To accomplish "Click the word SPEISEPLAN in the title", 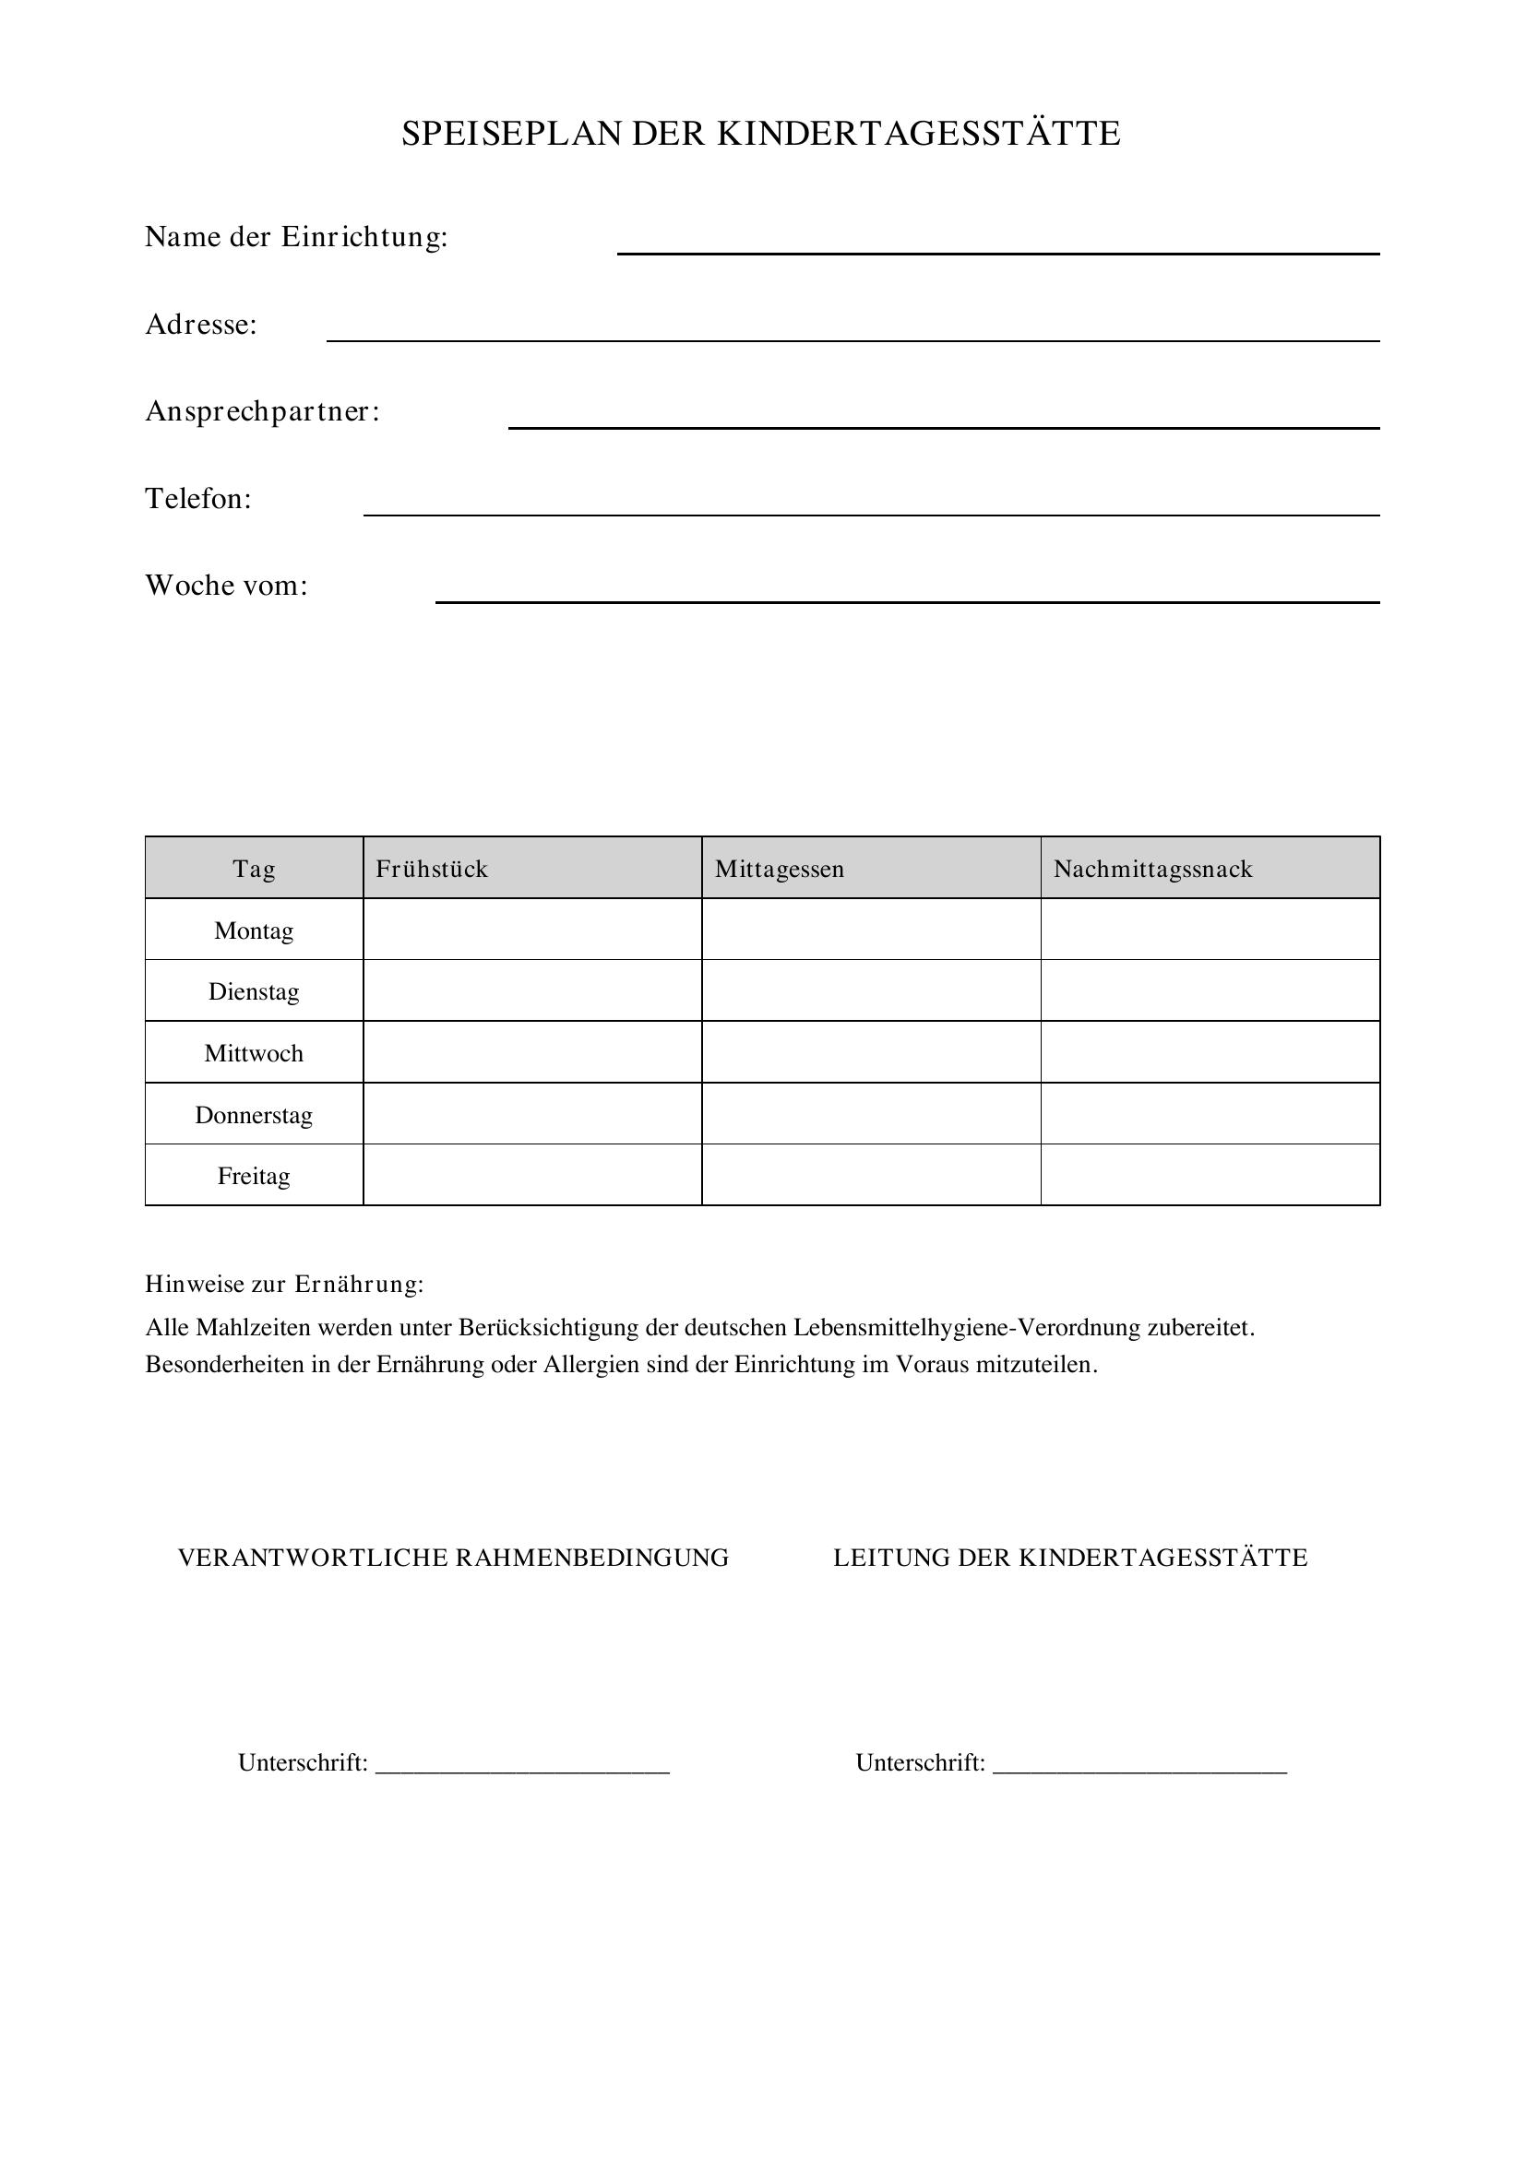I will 512,135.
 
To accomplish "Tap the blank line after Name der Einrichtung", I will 998,250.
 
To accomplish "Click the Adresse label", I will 201,325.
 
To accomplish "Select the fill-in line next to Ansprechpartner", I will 944,424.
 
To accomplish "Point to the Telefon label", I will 198,499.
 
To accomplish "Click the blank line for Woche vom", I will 907,599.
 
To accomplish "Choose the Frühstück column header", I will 432,869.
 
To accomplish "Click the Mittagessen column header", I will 779,869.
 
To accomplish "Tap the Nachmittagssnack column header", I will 1153,869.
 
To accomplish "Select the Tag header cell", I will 254,869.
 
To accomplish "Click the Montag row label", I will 254,931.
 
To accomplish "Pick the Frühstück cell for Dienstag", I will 531,991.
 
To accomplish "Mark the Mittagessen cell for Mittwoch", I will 871,1052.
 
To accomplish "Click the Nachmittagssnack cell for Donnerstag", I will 1210,1114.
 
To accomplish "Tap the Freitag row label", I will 254,1176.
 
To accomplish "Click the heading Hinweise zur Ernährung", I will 284,1285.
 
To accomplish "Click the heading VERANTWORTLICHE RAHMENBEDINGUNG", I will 453,1558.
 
